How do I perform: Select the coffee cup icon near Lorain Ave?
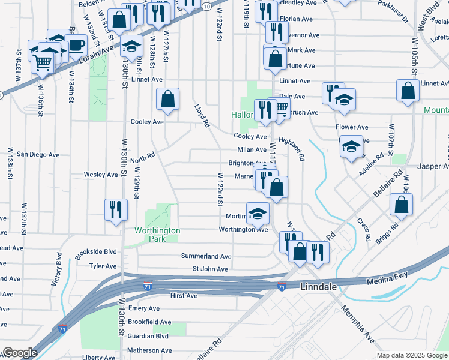click(76, 46)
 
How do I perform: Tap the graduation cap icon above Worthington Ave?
click(258, 214)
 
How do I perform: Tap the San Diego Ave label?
click(38, 154)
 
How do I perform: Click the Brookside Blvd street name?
click(95, 253)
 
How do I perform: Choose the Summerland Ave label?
click(206, 256)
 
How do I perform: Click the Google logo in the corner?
click(20, 353)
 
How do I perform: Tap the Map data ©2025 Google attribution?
click(412, 355)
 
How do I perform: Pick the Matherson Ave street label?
click(149, 350)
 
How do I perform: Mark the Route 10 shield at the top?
click(206, 6)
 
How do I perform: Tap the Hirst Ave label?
click(184, 296)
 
